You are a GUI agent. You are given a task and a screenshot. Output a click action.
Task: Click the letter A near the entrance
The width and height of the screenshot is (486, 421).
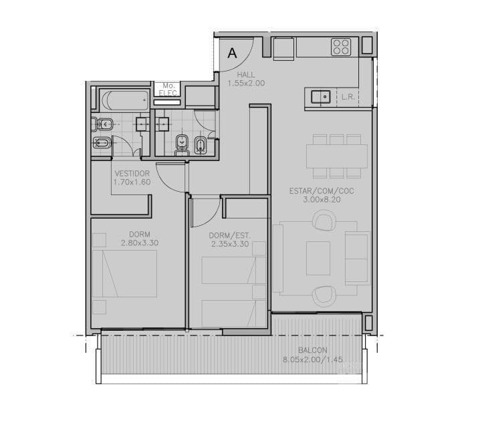click(232, 53)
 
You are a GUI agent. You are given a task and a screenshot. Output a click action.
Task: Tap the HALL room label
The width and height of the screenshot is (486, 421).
click(246, 75)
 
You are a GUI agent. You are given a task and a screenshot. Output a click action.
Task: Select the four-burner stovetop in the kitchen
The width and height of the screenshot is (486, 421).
click(341, 47)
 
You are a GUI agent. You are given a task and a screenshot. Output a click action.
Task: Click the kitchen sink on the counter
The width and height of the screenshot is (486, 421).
click(321, 97)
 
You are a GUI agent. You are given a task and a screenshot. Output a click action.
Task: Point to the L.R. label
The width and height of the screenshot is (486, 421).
click(348, 97)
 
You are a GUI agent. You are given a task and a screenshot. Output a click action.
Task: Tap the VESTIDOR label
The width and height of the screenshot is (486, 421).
click(132, 174)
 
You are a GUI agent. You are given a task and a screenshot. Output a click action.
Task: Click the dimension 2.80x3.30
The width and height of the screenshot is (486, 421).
click(140, 243)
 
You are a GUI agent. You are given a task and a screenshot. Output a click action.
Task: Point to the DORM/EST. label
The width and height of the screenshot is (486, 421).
click(230, 236)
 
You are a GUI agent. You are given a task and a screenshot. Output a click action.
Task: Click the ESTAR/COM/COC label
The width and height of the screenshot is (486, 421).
click(322, 191)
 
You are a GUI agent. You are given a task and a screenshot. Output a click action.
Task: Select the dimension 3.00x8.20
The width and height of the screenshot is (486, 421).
click(322, 200)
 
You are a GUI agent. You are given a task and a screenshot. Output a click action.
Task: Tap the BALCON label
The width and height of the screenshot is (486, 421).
click(313, 350)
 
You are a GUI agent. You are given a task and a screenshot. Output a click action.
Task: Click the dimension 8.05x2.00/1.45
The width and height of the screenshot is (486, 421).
click(313, 360)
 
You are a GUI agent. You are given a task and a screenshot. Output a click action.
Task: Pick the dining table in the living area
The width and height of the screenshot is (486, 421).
click(337, 156)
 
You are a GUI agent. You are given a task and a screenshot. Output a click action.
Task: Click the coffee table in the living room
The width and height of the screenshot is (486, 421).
click(318, 258)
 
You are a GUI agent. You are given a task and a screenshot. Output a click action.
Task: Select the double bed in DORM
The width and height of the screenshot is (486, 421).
click(124, 273)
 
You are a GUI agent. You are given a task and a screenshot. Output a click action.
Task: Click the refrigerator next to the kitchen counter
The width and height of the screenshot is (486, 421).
click(283, 49)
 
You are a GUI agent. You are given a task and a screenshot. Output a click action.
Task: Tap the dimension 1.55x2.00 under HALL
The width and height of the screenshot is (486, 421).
click(246, 83)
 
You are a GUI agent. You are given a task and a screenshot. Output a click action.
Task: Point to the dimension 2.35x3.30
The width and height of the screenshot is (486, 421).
click(230, 244)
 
